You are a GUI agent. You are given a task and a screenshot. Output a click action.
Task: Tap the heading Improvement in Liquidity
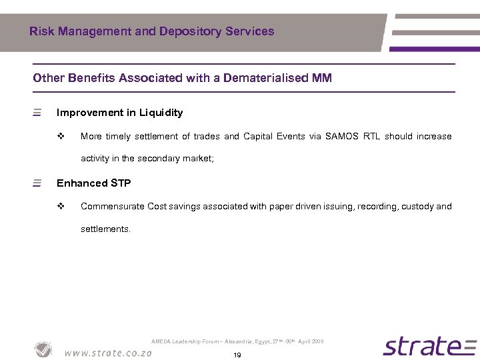tap(119, 113)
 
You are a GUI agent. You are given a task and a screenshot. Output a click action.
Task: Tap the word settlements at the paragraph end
tap(105, 229)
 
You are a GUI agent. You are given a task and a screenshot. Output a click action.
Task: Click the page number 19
tap(237, 355)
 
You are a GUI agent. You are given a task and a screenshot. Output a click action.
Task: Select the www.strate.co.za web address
tap(108, 352)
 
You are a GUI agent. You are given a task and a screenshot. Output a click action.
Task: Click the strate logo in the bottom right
tap(429, 347)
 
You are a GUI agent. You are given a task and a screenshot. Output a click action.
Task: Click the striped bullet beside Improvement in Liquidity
tap(37, 113)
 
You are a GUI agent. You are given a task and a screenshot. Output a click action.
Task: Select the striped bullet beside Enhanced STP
tap(37, 183)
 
